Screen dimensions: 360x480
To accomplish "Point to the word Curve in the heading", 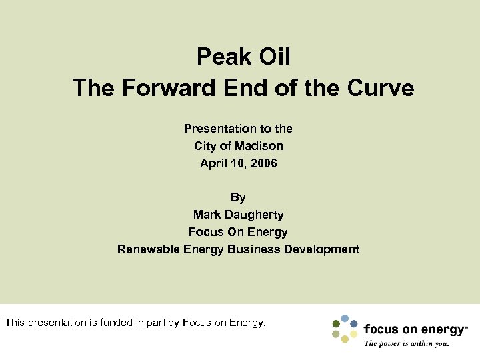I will tap(381, 88).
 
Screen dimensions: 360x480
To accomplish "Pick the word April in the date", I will tap(214, 163).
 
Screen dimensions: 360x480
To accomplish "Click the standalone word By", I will tap(238, 197).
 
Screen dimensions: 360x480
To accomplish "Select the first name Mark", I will tap(207, 215).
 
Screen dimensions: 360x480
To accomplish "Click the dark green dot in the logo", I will tap(335, 325).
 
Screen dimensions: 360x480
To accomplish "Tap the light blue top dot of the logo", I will tap(345, 318).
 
